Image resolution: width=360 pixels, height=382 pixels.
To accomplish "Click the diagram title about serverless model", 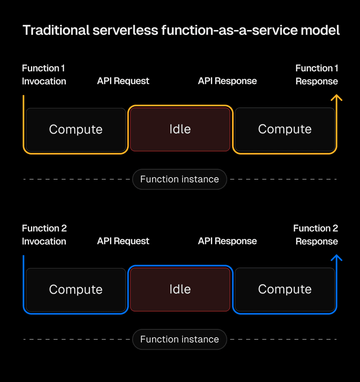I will [x=181, y=30].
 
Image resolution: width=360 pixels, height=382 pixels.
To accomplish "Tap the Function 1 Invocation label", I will [x=44, y=75].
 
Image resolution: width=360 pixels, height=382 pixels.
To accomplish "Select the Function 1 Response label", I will [x=317, y=75].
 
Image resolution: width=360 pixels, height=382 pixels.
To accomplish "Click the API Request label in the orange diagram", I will [x=123, y=81].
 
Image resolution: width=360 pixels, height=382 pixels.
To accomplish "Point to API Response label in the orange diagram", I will [x=227, y=81].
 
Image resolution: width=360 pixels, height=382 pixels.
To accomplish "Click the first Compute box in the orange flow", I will [x=76, y=129].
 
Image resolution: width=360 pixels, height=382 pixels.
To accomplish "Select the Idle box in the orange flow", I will [x=180, y=129].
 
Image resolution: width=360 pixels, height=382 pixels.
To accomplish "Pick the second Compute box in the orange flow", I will [x=285, y=129].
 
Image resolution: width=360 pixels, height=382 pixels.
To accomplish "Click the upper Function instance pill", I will [x=180, y=179].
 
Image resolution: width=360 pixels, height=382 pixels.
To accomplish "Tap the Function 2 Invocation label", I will [x=44, y=235].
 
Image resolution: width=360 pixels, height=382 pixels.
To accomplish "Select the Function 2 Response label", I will [x=316, y=235].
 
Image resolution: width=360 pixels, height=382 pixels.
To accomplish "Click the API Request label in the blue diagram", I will [x=123, y=241].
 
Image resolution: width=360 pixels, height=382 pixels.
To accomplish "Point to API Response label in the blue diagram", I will [x=227, y=241].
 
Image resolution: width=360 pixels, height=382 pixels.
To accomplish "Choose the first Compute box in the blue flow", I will [x=76, y=289].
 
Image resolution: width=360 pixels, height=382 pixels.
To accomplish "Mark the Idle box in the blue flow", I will [x=180, y=289].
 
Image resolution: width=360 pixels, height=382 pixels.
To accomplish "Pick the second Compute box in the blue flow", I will [x=285, y=289].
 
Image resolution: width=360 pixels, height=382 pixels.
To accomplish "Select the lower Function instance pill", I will [x=180, y=339].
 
